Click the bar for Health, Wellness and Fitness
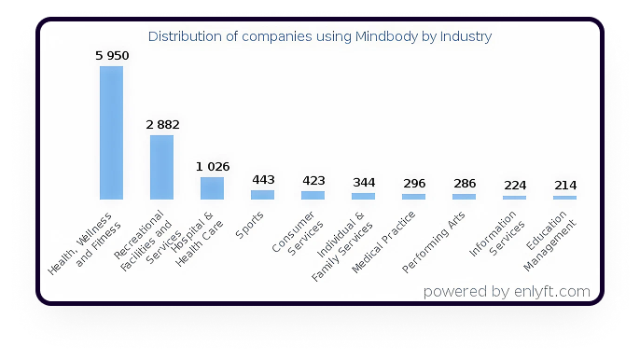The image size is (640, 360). pyautogui.click(x=111, y=132)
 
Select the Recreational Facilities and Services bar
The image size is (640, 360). pyautogui.click(x=161, y=167)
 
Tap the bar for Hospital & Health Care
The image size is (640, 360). pyautogui.click(x=212, y=187)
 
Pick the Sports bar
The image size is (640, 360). pyautogui.click(x=262, y=194)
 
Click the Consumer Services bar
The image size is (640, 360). pyautogui.click(x=313, y=195)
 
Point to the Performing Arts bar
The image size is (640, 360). pyautogui.click(x=464, y=196)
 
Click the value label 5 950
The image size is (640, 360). pyautogui.click(x=112, y=56)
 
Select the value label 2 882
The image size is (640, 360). pyautogui.click(x=162, y=124)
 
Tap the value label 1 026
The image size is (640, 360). pyautogui.click(x=213, y=166)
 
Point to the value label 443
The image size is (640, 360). pyautogui.click(x=263, y=179)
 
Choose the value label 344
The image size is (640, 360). pyautogui.click(x=364, y=182)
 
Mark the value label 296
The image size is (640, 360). pyautogui.click(x=414, y=183)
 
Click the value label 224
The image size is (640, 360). pyautogui.click(x=515, y=185)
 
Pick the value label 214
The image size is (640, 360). pyautogui.click(x=565, y=185)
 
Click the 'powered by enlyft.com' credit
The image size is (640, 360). pyautogui.click(x=506, y=291)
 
